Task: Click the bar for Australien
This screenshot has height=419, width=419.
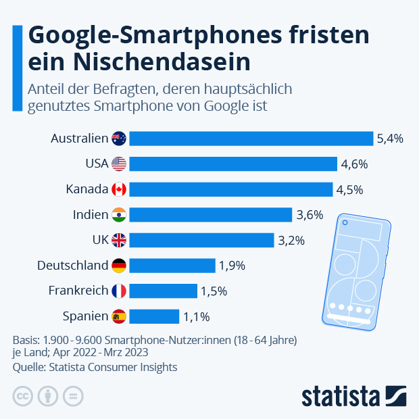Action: point(251,139)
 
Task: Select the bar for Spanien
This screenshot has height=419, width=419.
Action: point(154,316)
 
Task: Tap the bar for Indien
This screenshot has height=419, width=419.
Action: point(210,215)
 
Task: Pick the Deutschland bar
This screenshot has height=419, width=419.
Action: point(172,266)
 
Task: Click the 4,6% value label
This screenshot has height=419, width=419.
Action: point(353,164)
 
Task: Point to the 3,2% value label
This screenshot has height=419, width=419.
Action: point(291,240)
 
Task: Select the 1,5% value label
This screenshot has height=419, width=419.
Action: point(214,291)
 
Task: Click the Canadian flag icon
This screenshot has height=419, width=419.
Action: point(119,189)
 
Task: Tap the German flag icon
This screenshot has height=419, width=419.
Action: point(119,266)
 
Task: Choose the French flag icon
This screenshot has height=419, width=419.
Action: point(119,291)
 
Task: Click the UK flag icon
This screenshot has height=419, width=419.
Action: point(119,240)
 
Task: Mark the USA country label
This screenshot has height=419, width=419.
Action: point(97,164)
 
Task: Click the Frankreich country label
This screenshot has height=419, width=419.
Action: point(78,291)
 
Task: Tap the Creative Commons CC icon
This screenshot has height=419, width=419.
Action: point(23,396)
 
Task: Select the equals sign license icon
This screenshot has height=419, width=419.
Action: point(73,396)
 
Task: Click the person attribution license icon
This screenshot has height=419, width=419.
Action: point(48,396)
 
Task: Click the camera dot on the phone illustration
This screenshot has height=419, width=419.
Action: point(345,222)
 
